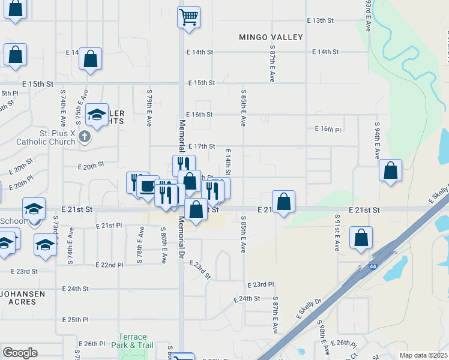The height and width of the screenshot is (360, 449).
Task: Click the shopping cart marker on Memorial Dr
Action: coord(188,17)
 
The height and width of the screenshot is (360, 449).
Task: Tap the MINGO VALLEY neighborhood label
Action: coord(271,37)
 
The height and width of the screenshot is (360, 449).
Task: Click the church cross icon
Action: coord(85,137)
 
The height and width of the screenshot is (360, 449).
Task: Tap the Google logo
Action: coord(20,353)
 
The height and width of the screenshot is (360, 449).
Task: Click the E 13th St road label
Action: coord(319,20)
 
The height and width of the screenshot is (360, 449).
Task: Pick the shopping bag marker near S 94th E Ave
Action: coord(391,170)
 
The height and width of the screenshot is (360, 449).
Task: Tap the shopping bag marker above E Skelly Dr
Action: coord(361,238)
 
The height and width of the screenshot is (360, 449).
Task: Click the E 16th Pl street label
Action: coord(328,129)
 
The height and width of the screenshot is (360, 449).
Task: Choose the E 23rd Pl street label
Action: coord(260,284)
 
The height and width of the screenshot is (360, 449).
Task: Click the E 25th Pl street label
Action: coord(77,320)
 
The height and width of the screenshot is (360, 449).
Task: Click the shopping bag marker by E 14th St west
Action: coord(90,59)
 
